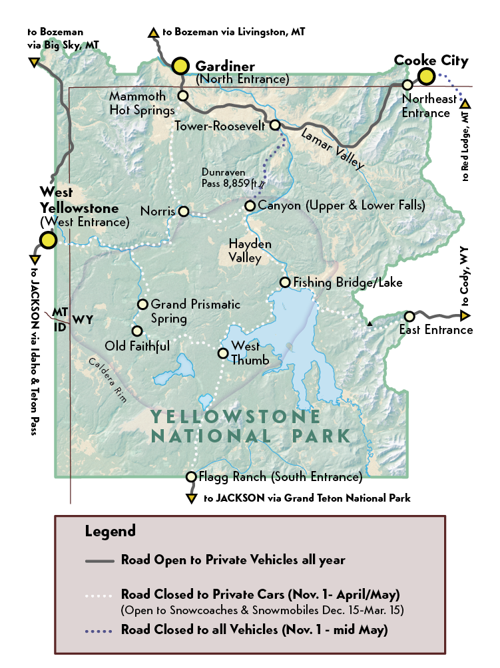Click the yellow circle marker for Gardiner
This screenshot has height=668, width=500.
point(180,65)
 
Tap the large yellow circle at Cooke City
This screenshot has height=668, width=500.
point(426,77)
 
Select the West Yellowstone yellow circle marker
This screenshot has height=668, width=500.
point(48,240)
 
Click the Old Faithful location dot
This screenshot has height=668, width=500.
point(136,331)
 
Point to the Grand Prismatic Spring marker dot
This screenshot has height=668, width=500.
point(142,305)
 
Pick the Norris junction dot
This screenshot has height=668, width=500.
point(184,212)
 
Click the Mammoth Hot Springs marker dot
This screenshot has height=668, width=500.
point(183,96)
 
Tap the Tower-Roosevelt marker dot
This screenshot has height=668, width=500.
point(274,125)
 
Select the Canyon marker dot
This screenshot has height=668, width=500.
point(250,206)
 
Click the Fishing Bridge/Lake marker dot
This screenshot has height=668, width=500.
point(285,282)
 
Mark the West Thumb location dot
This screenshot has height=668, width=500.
point(223,353)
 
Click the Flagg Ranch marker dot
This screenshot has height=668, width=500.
point(191,476)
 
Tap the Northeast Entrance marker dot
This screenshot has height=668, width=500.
point(407,85)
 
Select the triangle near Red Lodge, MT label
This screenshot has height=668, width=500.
point(465,104)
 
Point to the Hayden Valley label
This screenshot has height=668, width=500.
point(250,251)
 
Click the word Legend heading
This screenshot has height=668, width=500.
point(110,531)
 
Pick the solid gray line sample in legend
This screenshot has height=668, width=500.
point(101,560)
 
